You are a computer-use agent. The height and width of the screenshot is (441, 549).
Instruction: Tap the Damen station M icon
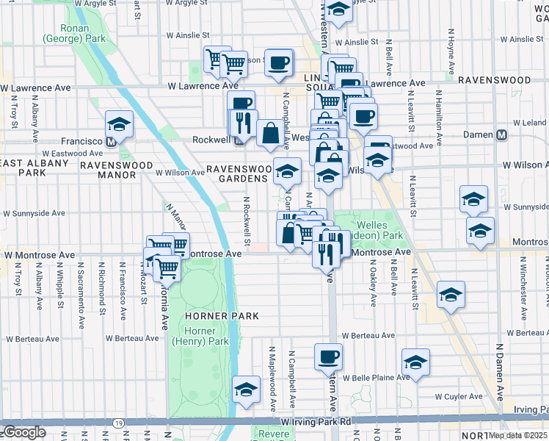(503, 135)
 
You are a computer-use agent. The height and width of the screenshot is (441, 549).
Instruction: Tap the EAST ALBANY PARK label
(34, 168)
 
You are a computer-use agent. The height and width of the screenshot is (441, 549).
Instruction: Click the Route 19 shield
(119, 423)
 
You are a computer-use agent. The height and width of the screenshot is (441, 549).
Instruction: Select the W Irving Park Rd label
(316, 421)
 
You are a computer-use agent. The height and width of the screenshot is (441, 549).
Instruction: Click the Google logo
(23, 432)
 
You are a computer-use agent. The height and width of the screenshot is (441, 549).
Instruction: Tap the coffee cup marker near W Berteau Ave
(328, 357)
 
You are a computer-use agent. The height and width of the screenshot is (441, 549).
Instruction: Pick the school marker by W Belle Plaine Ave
(415, 363)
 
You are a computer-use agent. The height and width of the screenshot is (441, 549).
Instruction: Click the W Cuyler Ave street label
(459, 396)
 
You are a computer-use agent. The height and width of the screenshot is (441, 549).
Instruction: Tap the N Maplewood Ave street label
(272, 379)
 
